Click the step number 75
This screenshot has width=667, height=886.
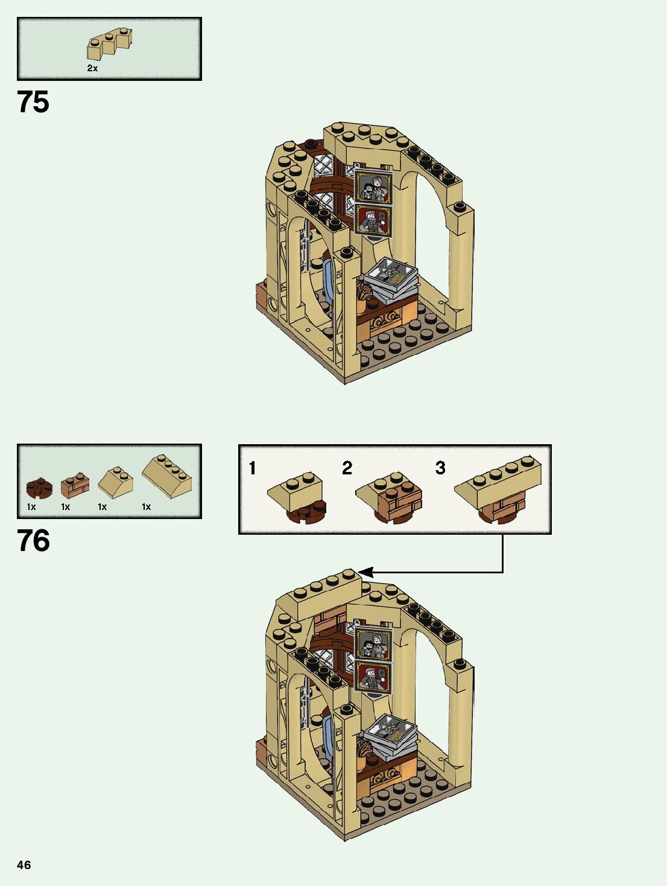coord(33,102)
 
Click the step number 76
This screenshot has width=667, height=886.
coord(33,541)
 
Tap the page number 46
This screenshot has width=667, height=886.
coord(24,865)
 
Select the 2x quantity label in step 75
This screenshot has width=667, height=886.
coord(92,68)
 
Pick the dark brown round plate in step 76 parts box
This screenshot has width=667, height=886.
coord(39,488)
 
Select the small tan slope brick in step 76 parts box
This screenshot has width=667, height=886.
coord(115,480)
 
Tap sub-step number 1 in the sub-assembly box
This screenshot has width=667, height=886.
coord(253,468)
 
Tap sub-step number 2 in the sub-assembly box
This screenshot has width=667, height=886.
coord(347,468)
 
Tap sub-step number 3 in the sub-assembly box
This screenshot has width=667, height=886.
coord(440,468)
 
